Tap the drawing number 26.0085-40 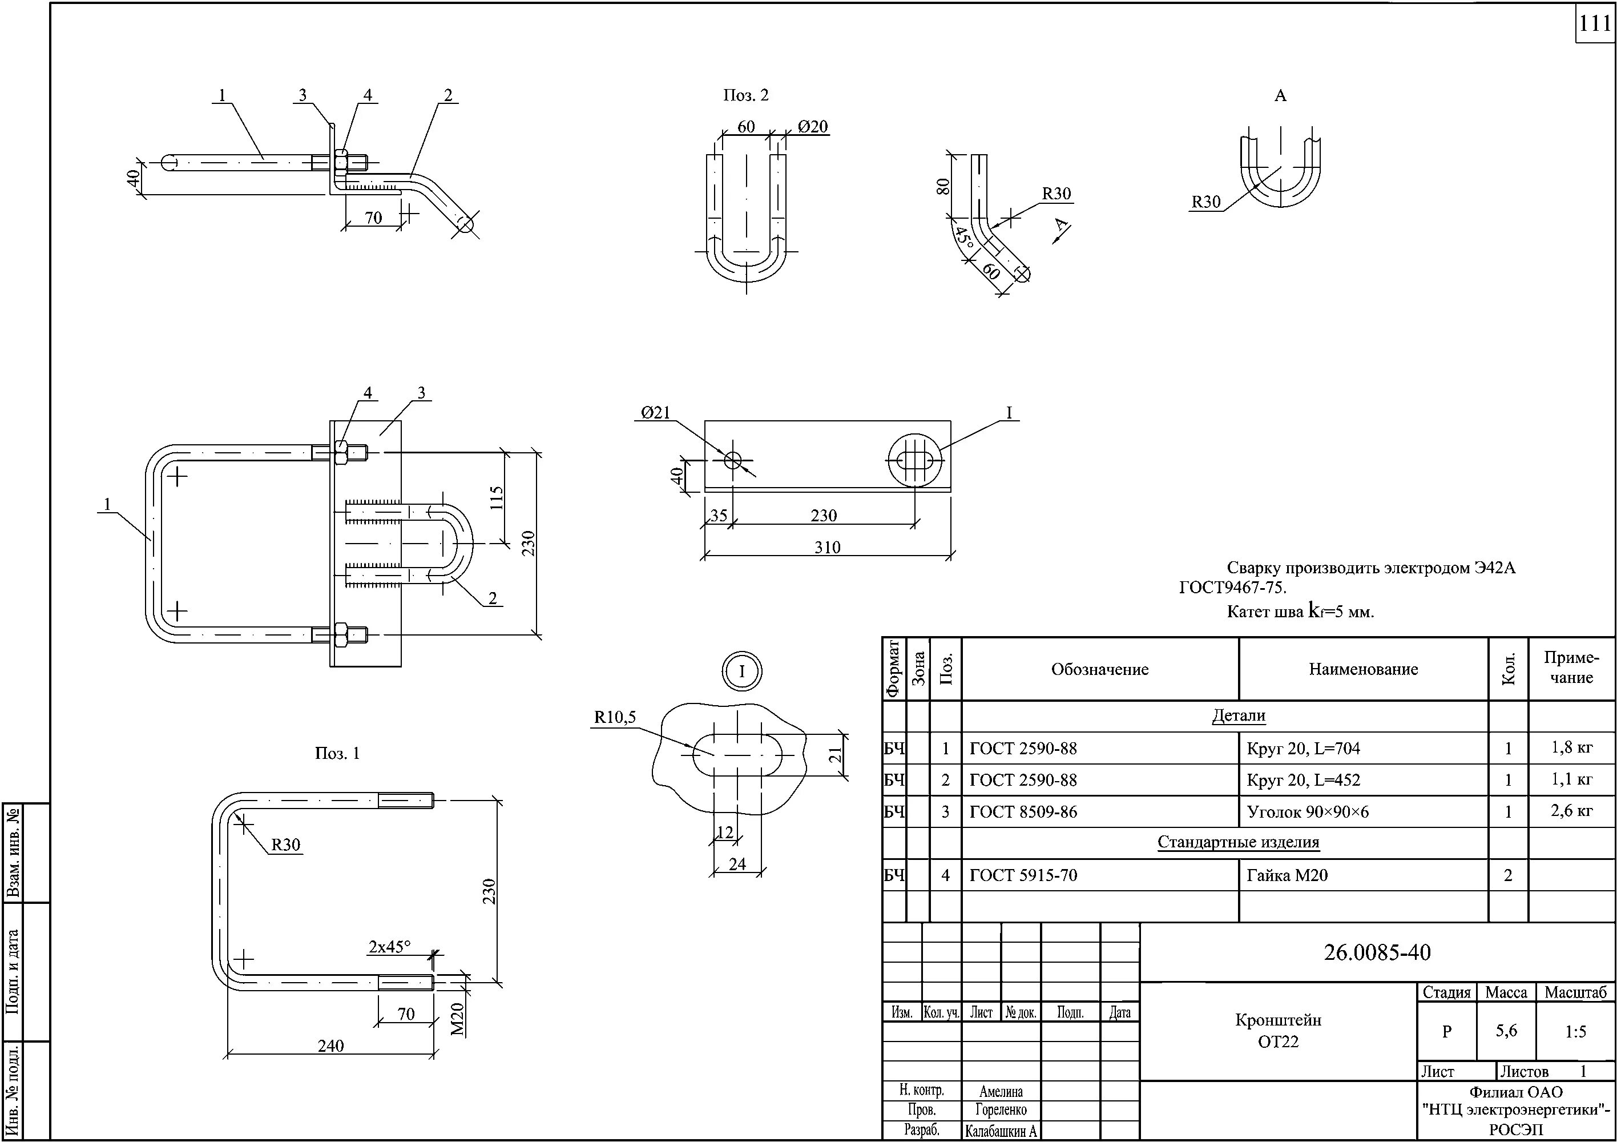coord(1377,952)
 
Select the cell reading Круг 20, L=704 coord(1303,748)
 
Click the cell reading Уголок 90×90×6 coord(1307,811)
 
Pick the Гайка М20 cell coord(1287,875)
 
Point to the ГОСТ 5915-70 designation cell coord(1023,875)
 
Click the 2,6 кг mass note coord(1571,810)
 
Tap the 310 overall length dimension coord(827,548)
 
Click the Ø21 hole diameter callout coord(656,413)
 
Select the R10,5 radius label coord(615,717)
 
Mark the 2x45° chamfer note coord(389,947)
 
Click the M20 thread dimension coord(458,1019)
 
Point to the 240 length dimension coord(330,1046)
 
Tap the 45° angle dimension coord(963,237)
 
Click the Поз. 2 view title coord(746,95)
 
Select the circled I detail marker coord(741,671)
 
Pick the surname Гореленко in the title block coord(1001,1109)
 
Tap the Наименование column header coord(1363,669)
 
